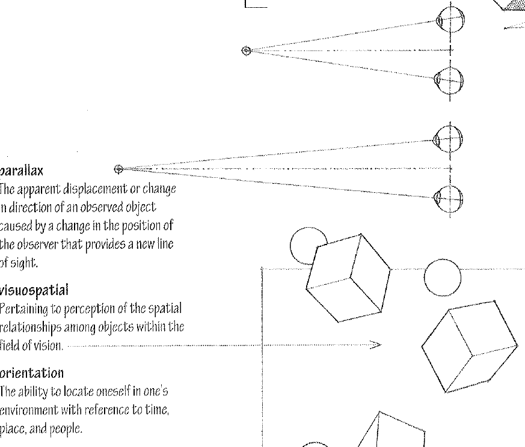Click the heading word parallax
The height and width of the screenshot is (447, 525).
tap(21, 171)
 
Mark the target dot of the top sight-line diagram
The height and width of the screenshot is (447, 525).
tap(245, 50)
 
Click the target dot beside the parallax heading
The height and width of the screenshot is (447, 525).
tap(118, 169)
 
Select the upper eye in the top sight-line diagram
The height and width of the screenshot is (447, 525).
tap(449, 20)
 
